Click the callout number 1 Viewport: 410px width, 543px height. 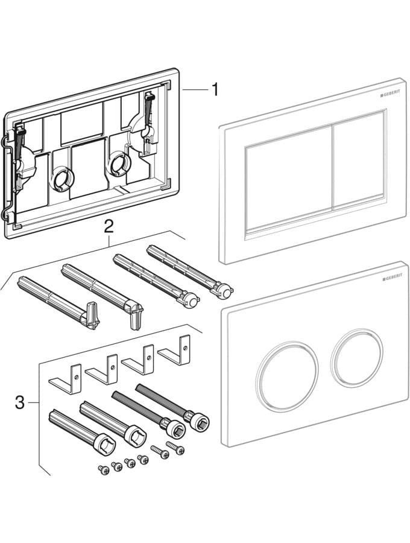tap(214, 90)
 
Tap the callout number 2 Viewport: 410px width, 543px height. tap(109, 226)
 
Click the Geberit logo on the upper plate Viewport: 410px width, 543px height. tap(389, 95)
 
